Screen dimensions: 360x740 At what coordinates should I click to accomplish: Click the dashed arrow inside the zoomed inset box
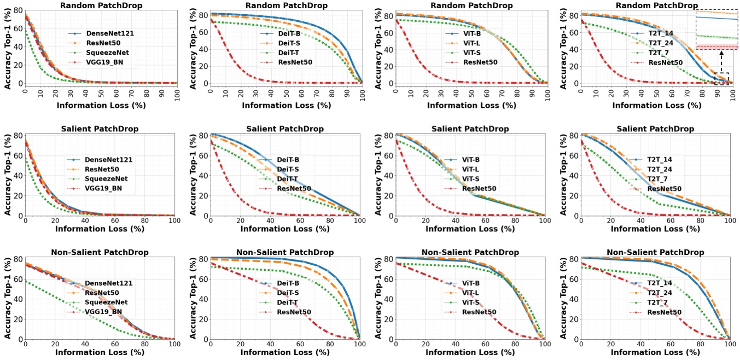(721, 59)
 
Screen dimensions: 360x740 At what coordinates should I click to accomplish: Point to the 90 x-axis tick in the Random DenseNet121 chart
(160, 90)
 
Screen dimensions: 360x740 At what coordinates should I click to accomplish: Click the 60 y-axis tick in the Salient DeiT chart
(200, 155)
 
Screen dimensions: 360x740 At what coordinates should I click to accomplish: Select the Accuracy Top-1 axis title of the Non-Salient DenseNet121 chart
(8, 299)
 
